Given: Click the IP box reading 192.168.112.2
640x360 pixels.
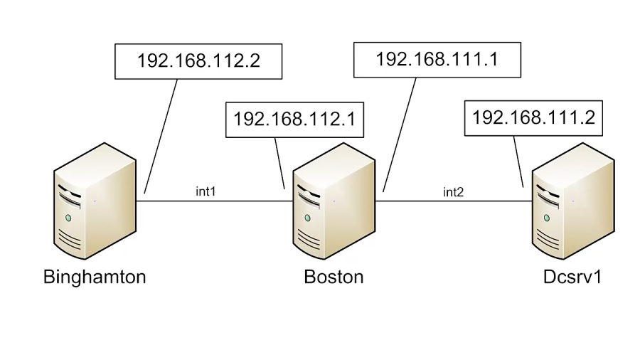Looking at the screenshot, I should (198, 60).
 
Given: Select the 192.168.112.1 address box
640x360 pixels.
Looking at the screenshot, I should (294, 118).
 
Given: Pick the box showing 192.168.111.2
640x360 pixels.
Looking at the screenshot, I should (533, 117).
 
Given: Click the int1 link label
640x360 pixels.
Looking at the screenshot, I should (206, 191).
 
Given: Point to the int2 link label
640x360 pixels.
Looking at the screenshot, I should (453, 192).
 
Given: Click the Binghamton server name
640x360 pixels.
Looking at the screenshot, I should (95, 277).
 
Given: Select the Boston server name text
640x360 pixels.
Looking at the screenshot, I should (334, 277).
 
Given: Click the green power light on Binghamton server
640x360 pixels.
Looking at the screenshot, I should (68, 217).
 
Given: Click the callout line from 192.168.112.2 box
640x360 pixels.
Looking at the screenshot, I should (161, 135).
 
